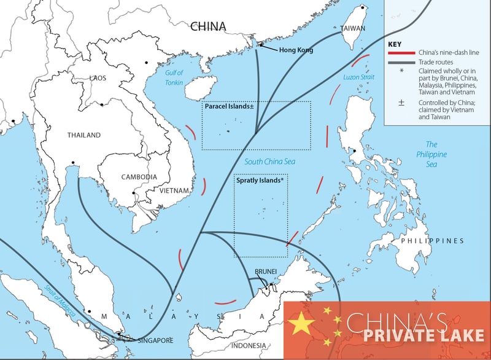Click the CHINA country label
pyautogui.click(x=207, y=26)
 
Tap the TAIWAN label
pyautogui.click(x=353, y=28)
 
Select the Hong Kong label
pyautogui.click(x=296, y=50)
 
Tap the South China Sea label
pyautogui.click(x=270, y=162)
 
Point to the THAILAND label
pyautogui.click(x=85, y=135)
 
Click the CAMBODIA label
pyautogui.click(x=139, y=177)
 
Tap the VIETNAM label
pyautogui.click(x=175, y=191)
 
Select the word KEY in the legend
pyautogui.click(x=396, y=44)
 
